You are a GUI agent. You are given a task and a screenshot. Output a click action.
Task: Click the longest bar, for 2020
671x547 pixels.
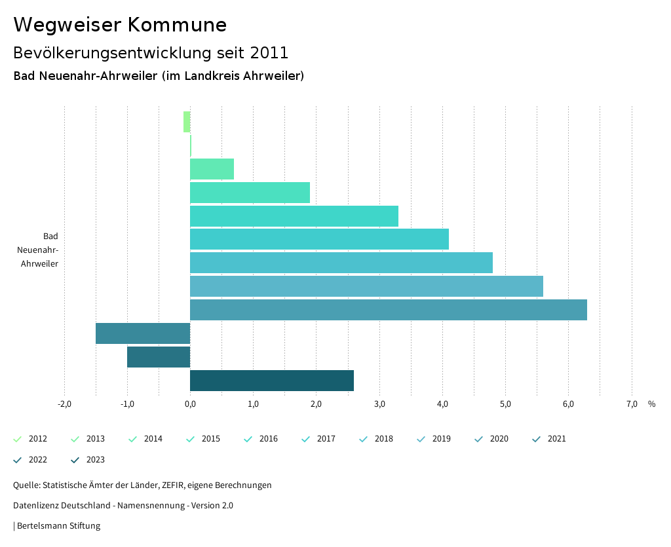(388, 310)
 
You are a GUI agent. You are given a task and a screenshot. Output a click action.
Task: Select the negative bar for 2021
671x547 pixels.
(143, 333)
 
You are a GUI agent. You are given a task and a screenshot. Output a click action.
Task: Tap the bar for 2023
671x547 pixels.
(271, 381)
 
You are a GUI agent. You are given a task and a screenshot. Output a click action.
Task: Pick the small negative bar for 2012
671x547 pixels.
(187, 122)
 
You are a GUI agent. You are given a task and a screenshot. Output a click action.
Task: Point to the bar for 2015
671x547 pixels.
(250, 193)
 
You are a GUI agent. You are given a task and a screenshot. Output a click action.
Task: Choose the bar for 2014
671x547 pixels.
(212, 169)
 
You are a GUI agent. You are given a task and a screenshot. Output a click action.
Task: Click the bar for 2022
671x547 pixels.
(159, 357)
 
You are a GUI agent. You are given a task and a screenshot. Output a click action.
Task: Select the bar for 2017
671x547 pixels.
(319, 239)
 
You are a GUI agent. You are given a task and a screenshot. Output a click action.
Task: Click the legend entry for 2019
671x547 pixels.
(434, 439)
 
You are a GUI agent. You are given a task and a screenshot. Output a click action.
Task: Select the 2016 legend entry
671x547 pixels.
(261, 439)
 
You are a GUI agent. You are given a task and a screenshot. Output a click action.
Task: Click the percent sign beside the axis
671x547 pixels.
(651, 404)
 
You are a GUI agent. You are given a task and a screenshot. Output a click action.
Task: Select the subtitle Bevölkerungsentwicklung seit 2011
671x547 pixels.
(151, 52)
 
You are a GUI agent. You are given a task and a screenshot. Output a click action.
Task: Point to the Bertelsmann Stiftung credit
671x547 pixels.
(58, 525)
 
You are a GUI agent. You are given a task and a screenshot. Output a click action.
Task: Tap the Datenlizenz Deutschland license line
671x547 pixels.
(123, 505)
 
